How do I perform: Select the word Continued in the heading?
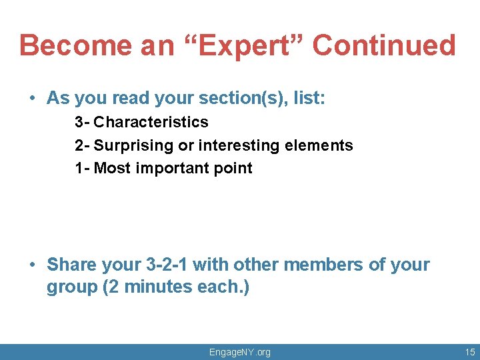(x=384, y=46)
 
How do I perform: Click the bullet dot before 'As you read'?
(x=32, y=99)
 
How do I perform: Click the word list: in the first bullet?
(x=308, y=99)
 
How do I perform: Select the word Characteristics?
(x=151, y=123)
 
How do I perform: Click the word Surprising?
(x=134, y=145)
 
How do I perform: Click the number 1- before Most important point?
(x=82, y=168)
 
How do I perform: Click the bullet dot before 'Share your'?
(x=32, y=265)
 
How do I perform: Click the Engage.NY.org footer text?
(x=240, y=352)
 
